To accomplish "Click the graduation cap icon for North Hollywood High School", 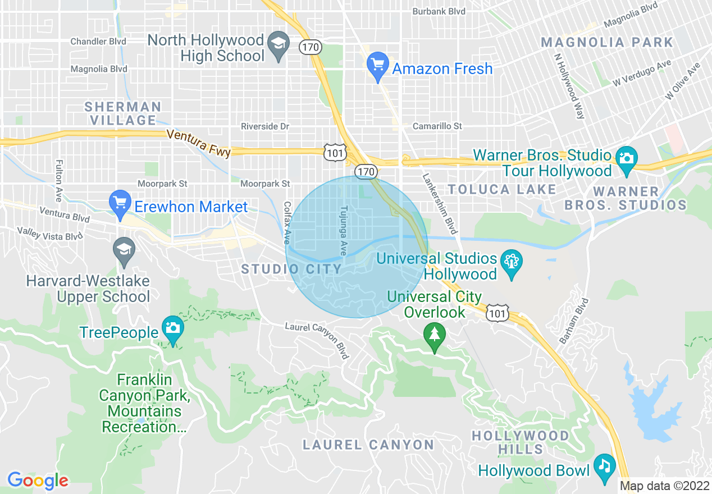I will [277, 43].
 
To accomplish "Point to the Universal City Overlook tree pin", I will [434, 335].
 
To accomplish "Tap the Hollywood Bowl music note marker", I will [604, 465].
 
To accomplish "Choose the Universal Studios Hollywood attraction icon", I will [512, 262].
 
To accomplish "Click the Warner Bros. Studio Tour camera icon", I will [626, 157].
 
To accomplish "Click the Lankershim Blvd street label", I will [439, 203].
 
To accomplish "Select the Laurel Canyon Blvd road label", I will [317, 340].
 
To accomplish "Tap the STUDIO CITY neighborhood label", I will [291, 269].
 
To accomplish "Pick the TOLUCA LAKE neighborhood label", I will [501, 190].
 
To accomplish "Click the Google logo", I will [38, 481].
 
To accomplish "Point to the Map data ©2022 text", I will [664, 486].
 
